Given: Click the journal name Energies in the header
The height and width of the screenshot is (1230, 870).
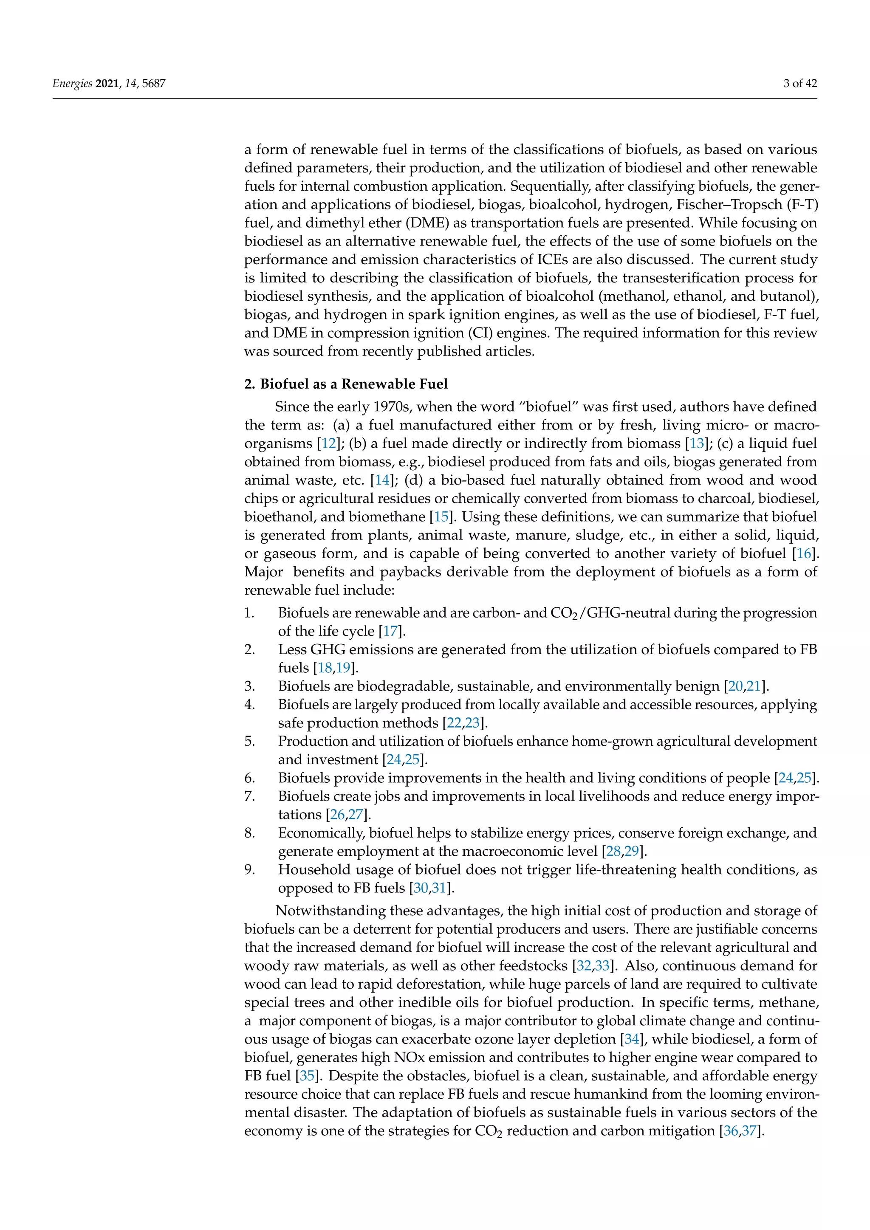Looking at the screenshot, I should tap(72, 84).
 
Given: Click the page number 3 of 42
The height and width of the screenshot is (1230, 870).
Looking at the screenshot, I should tap(800, 83).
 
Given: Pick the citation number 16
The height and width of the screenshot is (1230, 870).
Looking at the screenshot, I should tap(804, 553).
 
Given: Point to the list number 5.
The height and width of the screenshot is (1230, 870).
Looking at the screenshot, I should tap(250, 742).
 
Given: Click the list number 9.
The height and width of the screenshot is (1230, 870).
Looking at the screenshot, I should tap(250, 869).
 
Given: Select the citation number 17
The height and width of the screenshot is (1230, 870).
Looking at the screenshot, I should tap(390, 631).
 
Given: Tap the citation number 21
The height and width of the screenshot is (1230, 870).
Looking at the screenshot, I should tap(753, 686).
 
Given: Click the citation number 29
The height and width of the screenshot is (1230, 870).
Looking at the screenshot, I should tap(632, 851).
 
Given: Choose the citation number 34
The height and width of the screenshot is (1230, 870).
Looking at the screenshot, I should tap(632, 1039).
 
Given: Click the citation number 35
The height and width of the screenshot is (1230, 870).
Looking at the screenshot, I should tap(307, 1076).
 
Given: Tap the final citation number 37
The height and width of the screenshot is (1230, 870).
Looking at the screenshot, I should tap(749, 1131).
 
